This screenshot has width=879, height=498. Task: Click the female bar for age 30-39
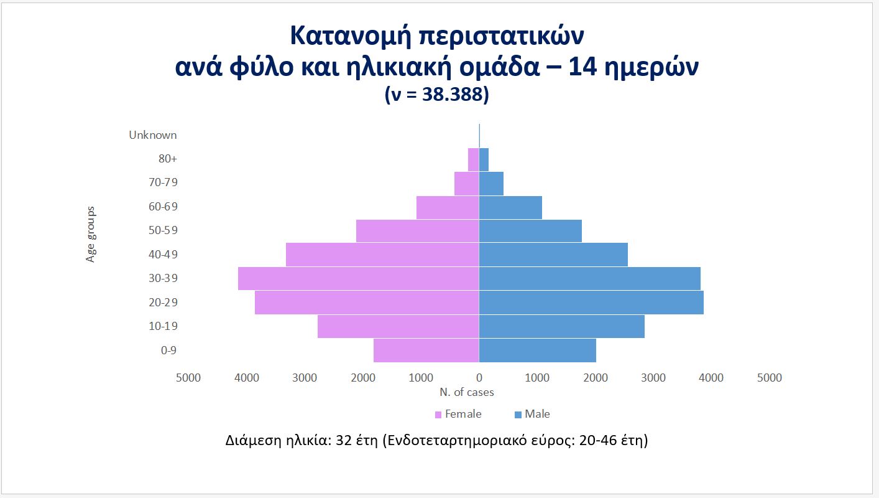pyautogui.click(x=358, y=279)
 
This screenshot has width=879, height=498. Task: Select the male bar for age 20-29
pyautogui.click(x=591, y=303)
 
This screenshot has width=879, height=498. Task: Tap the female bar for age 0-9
pyautogui.click(x=426, y=350)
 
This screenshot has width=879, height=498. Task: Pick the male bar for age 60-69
pyautogui.click(x=510, y=207)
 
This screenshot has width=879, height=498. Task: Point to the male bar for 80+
pyautogui.click(x=484, y=159)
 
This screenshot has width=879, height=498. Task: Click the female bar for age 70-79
pyautogui.click(x=467, y=184)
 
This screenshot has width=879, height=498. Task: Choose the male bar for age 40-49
pyautogui.click(x=553, y=255)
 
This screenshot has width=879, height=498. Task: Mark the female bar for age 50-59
pyautogui.click(x=418, y=231)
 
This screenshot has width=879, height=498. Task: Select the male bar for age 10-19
pyautogui.click(x=561, y=326)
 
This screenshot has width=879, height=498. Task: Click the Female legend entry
pyautogui.click(x=458, y=414)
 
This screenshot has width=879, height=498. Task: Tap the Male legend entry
pyautogui.click(x=532, y=414)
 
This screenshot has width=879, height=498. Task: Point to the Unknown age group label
pyautogui.click(x=153, y=135)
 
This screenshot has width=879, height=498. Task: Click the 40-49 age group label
pyautogui.click(x=163, y=255)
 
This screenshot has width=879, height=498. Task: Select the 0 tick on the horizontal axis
pyautogui.click(x=479, y=378)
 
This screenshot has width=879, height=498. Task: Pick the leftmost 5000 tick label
pyautogui.click(x=188, y=378)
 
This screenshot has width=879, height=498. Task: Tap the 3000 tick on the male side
pyautogui.click(x=653, y=378)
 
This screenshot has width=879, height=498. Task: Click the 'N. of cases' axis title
pyautogui.click(x=467, y=392)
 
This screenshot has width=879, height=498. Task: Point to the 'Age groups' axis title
pyautogui.click(x=90, y=234)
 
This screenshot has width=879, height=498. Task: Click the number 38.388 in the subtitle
pyautogui.click(x=452, y=94)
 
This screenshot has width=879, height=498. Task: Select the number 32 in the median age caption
pyautogui.click(x=344, y=441)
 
